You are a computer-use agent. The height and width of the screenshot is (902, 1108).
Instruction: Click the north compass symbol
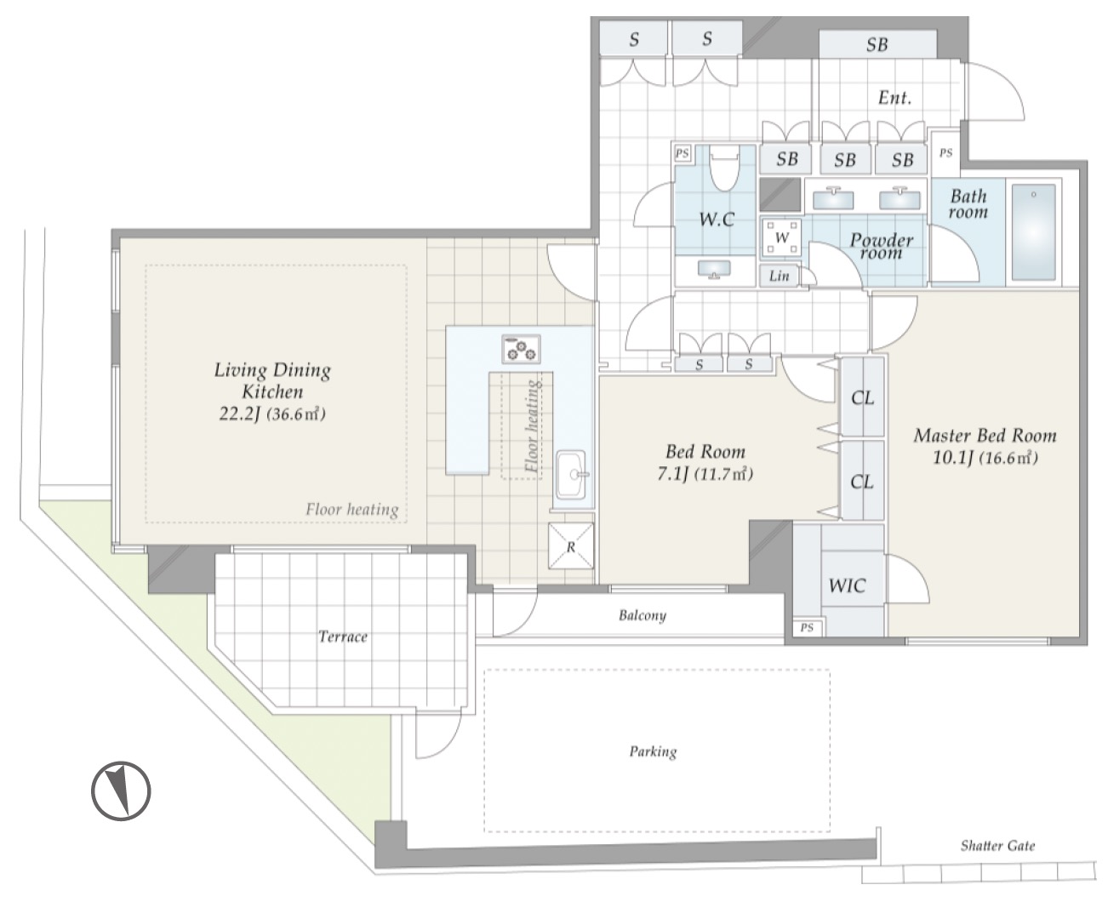pyautogui.click(x=121, y=791)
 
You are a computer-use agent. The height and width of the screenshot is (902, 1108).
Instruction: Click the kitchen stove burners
pyautogui.click(x=521, y=349)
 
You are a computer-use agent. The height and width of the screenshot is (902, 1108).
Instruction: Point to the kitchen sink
pyautogui.click(x=571, y=475)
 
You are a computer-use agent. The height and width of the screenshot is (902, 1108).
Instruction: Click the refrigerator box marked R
pyautogui.click(x=571, y=545)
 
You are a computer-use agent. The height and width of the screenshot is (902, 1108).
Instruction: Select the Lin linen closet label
pyautogui.click(x=779, y=276)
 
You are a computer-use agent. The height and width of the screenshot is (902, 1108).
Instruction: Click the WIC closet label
pyautogui.click(x=847, y=585)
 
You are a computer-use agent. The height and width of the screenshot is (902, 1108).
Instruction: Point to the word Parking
pyautogui.click(x=653, y=752)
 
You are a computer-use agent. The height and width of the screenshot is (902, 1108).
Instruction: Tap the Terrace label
pyautogui.click(x=343, y=637)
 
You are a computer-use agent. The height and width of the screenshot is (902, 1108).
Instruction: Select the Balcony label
pyautogui.click(x=642, y=616)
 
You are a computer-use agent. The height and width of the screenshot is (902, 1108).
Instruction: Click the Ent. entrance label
pyautogui.click(x=894, y=97)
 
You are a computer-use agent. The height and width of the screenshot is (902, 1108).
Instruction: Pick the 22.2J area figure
pyautogui.click(x=239, y=414)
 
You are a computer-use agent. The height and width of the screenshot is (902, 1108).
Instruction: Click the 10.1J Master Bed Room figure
pyautogui.click(x=953, y=458)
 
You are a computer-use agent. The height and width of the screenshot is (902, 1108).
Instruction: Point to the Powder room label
pyautogui.click(x=881, y=246)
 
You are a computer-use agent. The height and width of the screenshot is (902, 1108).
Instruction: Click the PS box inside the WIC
pyautogui.click(x=807, y=628)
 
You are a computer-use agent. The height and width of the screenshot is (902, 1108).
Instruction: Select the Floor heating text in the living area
pyautogui.click(x=351, y=509)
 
